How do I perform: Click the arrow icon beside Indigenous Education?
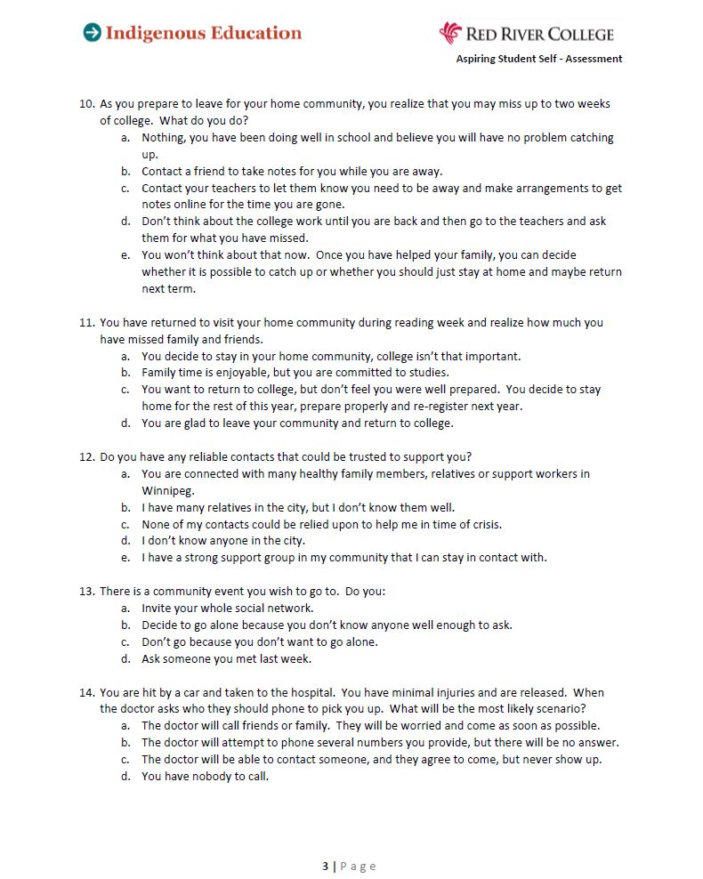[x=92, y=33]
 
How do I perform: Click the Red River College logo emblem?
[x=450, y=33]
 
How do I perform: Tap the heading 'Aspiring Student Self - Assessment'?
[x=539, y=59]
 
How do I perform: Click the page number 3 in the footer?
[x=326, y=866]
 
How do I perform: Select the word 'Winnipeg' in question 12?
[x=167, y=490]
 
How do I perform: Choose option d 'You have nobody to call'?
[x=205, y=776]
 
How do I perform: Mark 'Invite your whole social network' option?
[x=227, y=609]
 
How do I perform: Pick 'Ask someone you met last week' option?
[x=226, y=659]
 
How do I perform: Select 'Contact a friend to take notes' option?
[x=291, y=171]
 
